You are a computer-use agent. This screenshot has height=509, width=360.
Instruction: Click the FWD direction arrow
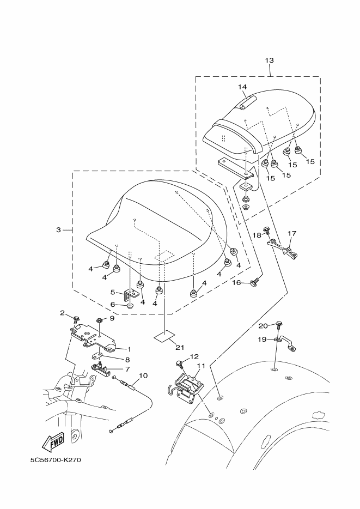(x=52, y=441)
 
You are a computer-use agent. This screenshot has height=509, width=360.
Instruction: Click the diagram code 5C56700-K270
(x=56, y=460)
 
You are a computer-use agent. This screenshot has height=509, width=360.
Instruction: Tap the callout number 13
(x=269, y=60)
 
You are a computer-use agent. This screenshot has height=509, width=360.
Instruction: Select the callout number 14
(x=242, y=87)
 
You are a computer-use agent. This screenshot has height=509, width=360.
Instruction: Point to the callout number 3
(x=58, y=230)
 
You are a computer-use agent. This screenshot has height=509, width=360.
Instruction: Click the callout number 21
(x=180, y=347)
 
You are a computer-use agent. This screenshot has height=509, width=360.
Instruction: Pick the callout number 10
(x=143, y=375)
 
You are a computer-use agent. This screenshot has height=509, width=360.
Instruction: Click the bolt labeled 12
(x=179, y=363)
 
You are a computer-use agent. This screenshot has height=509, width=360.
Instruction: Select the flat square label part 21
(x=164, y=336)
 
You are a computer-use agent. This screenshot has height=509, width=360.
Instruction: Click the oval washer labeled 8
(x=99, y=355)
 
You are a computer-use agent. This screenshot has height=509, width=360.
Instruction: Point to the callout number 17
(x=292, y=233)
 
